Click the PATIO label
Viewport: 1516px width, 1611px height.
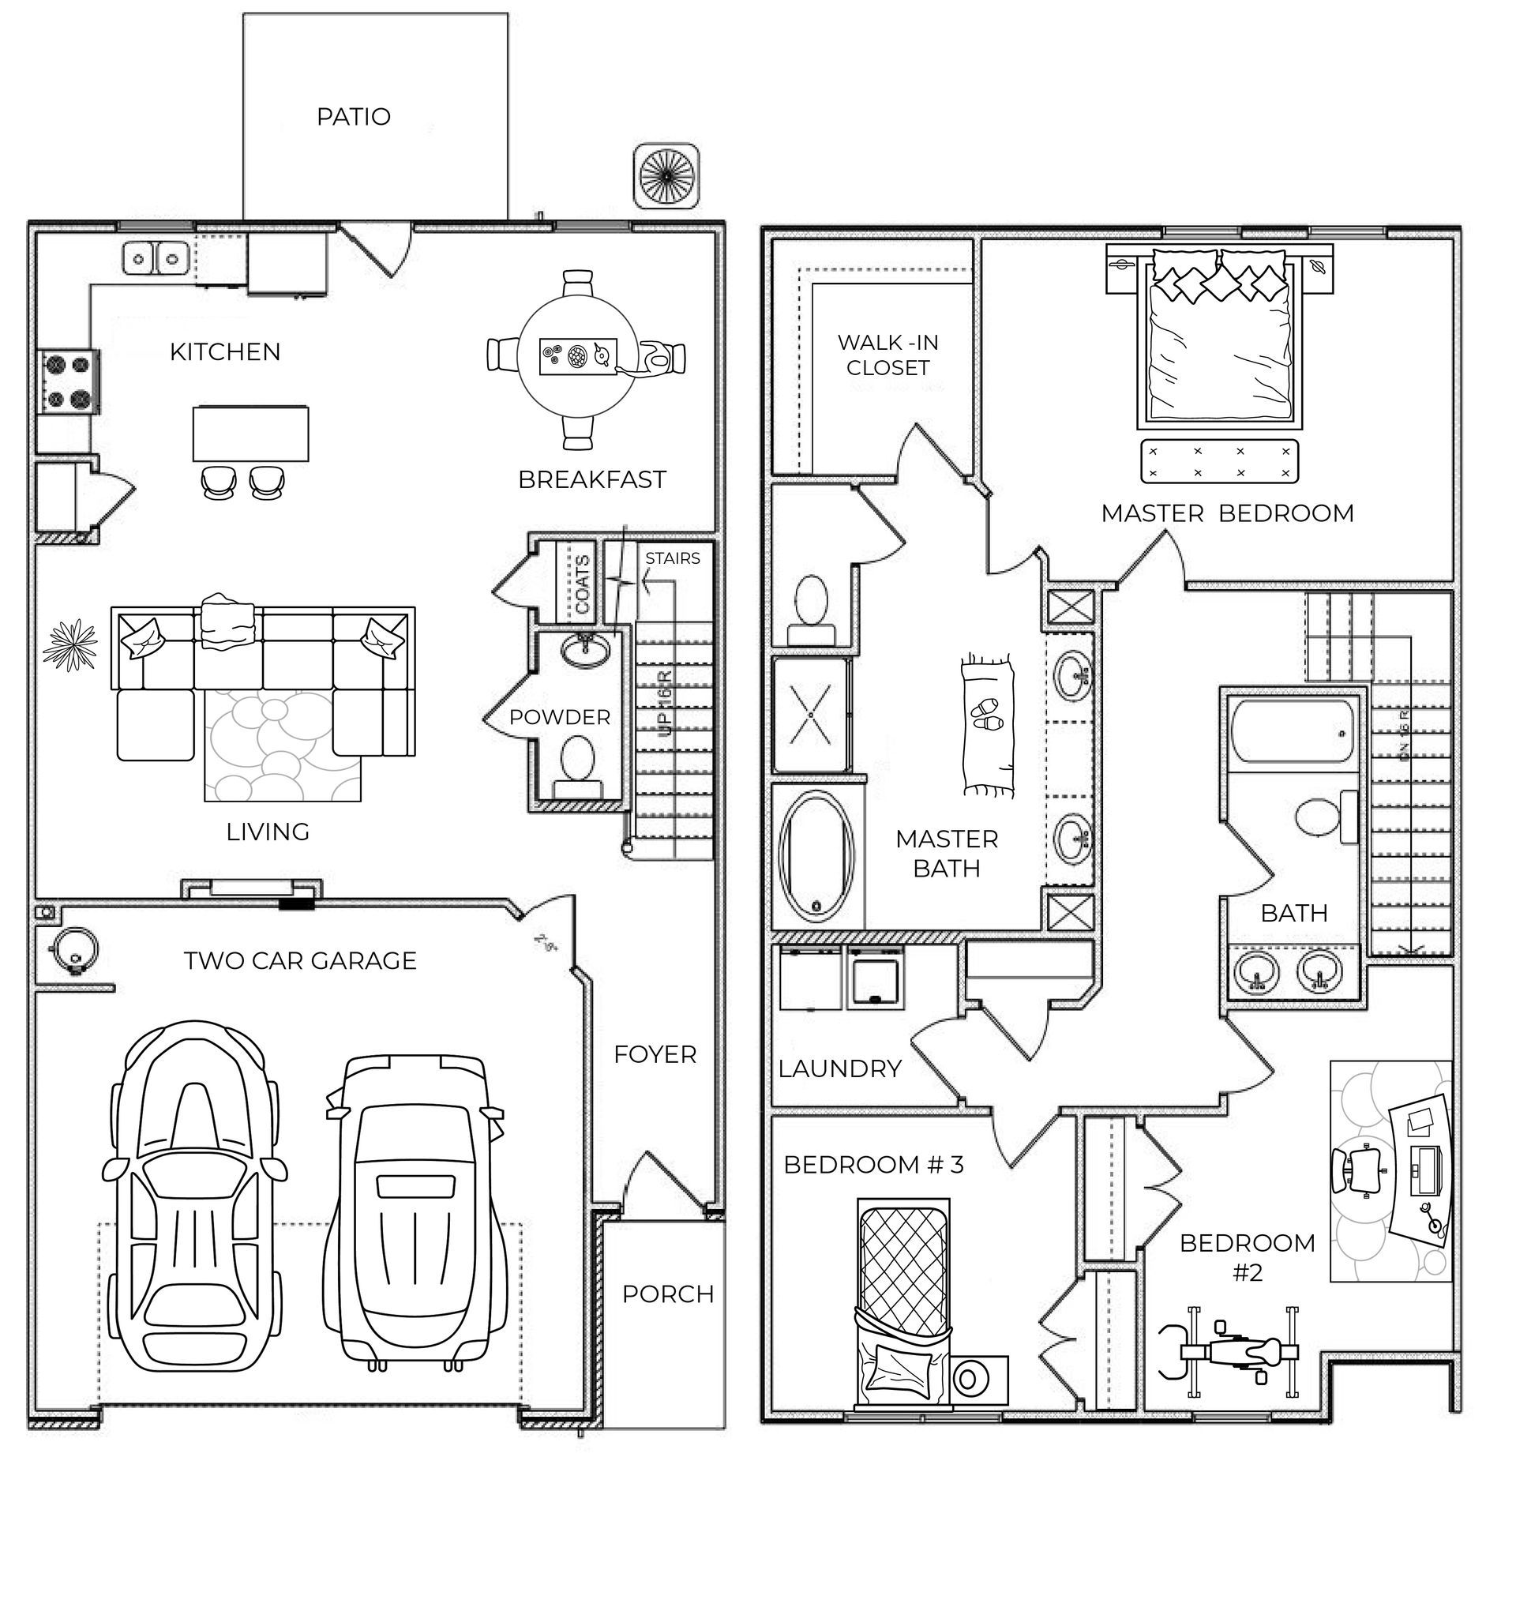click(x=353, y=117)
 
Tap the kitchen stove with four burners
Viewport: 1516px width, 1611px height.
click(x=68, y=381)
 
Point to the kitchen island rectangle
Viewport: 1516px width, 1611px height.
click(x=250, y=434)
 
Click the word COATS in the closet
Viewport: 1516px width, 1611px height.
click(x=582, y=584)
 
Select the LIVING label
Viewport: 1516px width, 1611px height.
click(x=268, y=832)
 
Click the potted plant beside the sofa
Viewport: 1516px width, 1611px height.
click(x=70, y=645)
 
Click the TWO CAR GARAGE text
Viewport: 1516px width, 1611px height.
click(x=300, y=960)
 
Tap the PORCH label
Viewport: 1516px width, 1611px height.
click(x=668, y=1294)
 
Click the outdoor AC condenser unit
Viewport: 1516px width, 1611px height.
click(x=666, y=176)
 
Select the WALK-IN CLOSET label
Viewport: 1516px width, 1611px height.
click(x=888, y=355)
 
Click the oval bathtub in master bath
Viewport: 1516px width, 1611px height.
click(x=816, y=858)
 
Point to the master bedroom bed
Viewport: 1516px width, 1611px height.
click(x=1218, y=340)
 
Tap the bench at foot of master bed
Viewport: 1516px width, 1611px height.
click(x=1218, y=462)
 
